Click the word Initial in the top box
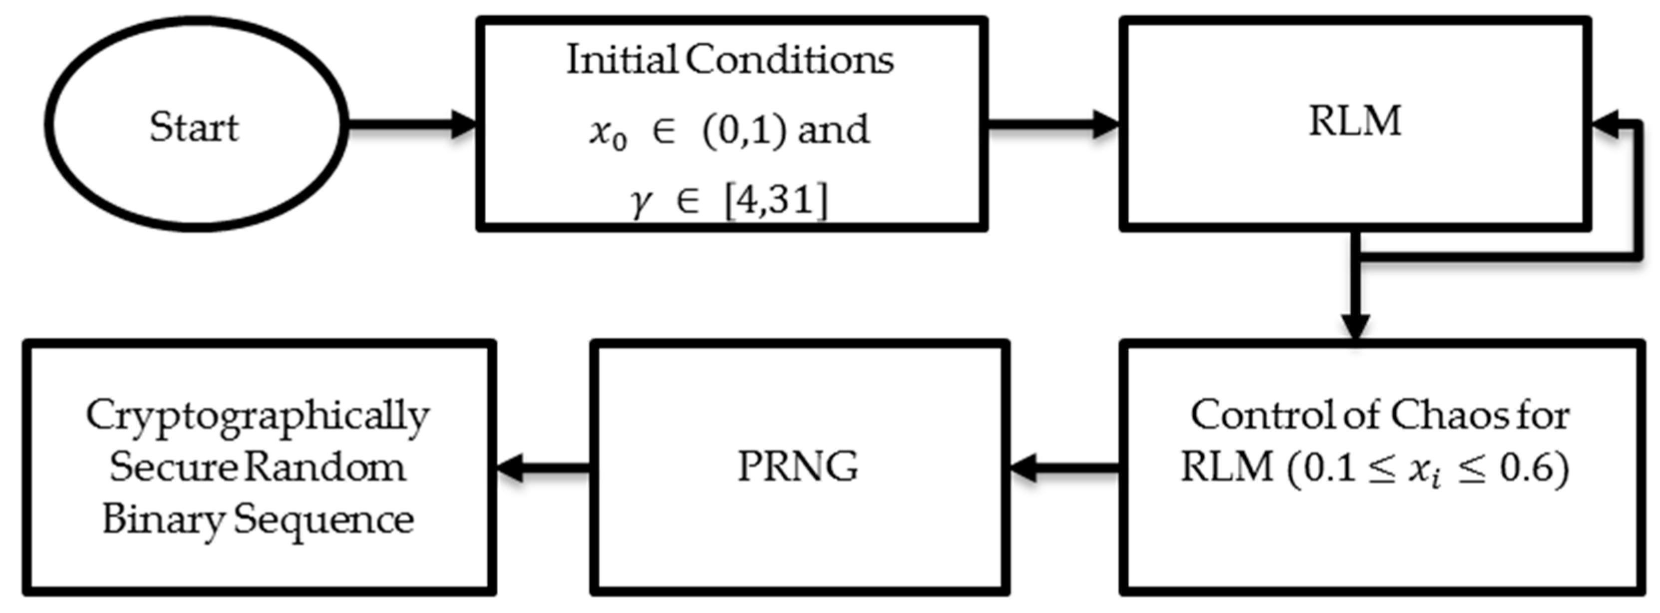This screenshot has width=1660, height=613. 621,60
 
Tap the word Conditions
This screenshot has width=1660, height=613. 789,60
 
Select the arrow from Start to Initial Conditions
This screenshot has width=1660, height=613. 412,124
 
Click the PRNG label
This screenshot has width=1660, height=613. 798,466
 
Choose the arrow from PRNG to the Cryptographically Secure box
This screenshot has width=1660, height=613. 543,467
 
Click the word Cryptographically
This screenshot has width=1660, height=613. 258,416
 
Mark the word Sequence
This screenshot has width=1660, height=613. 324,520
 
